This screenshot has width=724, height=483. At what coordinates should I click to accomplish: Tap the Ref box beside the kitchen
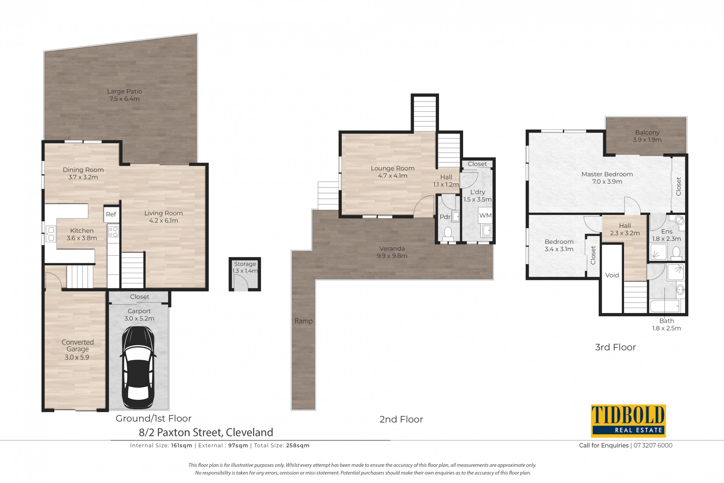click(x=111, y=214)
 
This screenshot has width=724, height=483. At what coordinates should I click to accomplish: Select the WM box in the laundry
click(x=485, y=215)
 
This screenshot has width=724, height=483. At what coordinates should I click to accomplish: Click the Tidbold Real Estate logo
click(x=628, y=421)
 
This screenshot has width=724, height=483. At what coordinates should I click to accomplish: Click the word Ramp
click(x=304, y=321)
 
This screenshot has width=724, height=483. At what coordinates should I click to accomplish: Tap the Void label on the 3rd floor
click(x=612, y=275)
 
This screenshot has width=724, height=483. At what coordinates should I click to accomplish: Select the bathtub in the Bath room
click(x=666, y=306)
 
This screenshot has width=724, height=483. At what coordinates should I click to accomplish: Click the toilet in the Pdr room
click(x=448, y=233)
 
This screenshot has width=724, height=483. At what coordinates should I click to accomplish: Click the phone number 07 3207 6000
click(x=653, y=445)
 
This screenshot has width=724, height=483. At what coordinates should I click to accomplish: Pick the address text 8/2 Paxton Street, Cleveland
click(x=206, y=432)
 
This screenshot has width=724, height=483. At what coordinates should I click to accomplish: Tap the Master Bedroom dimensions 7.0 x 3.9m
click(x=607, y=181)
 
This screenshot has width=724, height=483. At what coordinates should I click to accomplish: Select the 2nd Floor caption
click(x=401, y=419)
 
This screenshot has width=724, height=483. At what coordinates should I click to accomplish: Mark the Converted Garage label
click(x=78, y=346)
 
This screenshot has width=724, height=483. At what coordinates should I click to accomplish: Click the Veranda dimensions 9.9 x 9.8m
click(x=392, y=256)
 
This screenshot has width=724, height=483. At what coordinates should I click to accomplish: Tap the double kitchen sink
click(x=51, y=233)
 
